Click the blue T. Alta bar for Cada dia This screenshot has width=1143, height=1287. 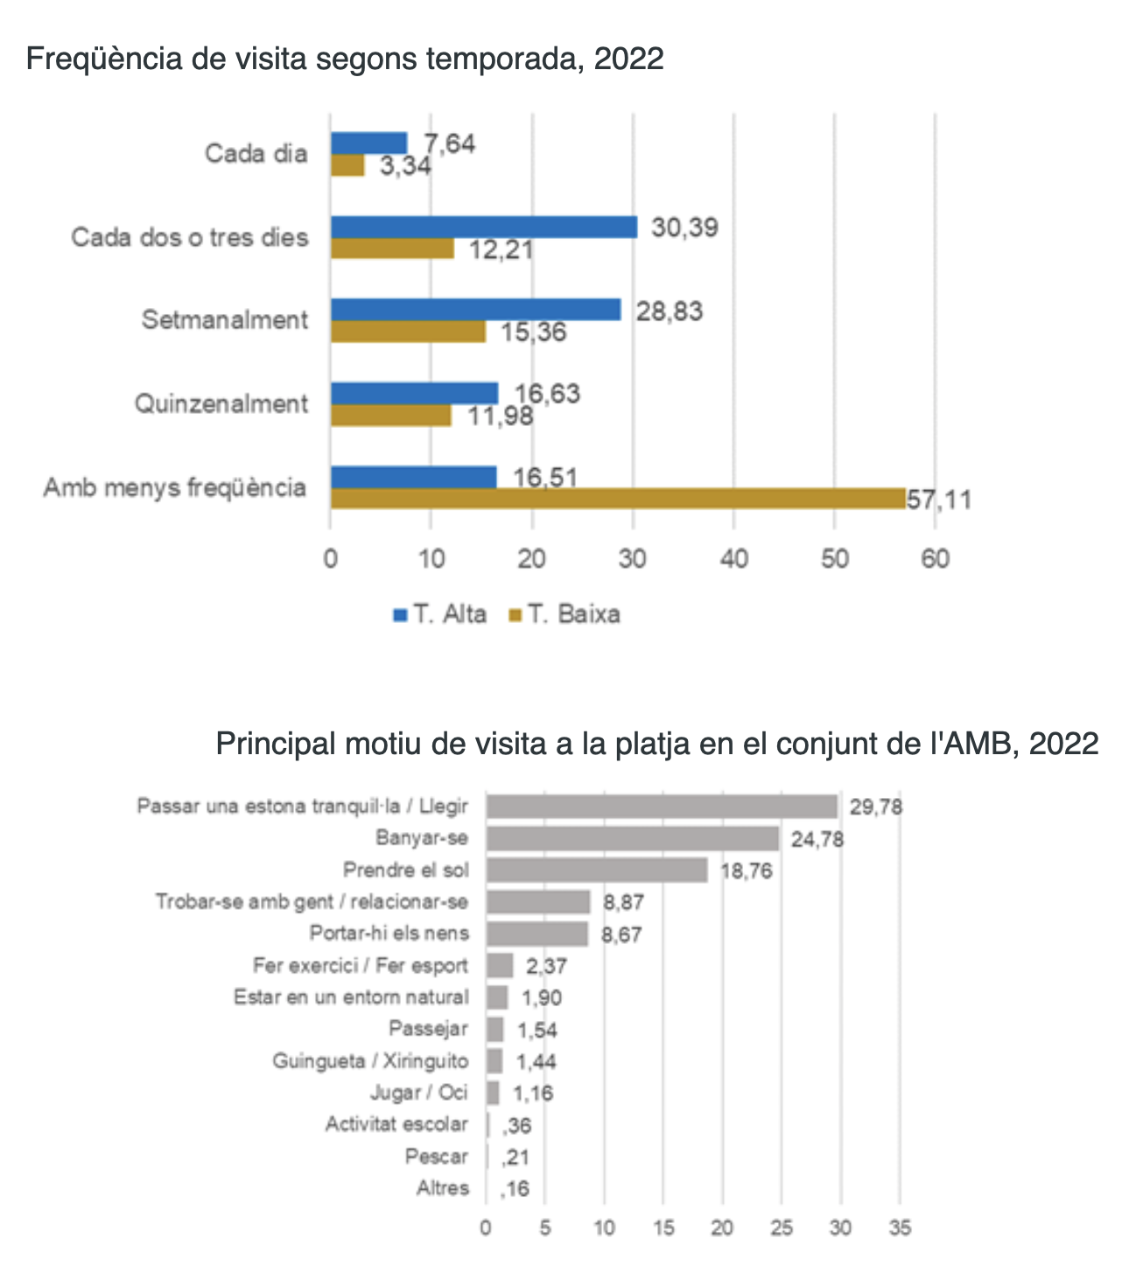pyautogui.click(x=368, y=143)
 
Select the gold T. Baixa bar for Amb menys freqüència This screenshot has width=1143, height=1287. pyautogui.click(x=617, y=499)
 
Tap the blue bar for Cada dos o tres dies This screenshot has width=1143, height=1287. pyautogui.click(x=484, y=227)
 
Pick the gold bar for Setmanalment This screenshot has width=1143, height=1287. pyautogui.click(x=408, y=332)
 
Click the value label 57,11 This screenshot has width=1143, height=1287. pyautogui.click(x=939, y=500)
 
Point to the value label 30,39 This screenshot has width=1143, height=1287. pyautogui.click(x=684, y=228)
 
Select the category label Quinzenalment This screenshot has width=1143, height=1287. pyautogui.click(x=221, y=404)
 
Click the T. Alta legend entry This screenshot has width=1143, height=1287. pyautogui.click(x=440, y=614)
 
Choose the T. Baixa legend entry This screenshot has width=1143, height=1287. pyautogui.click(x=564, y=614)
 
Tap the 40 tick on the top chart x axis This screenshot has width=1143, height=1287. pyautogui.click(x=733, y=558)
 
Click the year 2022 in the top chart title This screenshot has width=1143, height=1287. pyautogui.click(x=628, y=59)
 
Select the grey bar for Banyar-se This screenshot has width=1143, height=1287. pyautogui.click(x=632, y=838)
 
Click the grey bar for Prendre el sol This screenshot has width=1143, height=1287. pyautogui.click(x=596, y=870)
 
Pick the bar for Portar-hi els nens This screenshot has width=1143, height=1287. pyautogui.click(x=536, y=934)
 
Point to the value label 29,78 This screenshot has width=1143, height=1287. pyautogui.click(x=875, y=807)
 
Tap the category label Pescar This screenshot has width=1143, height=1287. pyautogui.click(x=436, y=1157)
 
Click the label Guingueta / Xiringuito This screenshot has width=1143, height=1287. pyautogui.click(x=370, y=1061)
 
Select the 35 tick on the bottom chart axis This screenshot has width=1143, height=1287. pyautogui.click(x=900, y=1228)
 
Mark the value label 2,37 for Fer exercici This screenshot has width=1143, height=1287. pyautogui.click(x=546, y=967)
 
